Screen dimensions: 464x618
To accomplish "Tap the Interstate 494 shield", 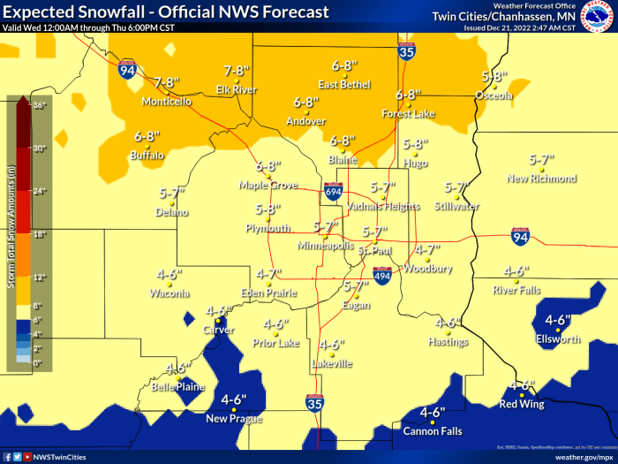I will [x=381, y=275].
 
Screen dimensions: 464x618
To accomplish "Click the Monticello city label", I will [x=166, y=102].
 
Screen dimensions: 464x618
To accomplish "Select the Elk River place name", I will [x=237, y=89].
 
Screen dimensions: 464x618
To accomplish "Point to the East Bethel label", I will [x=343, y=85].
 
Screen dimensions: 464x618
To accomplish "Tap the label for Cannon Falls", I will [x=433, y=430].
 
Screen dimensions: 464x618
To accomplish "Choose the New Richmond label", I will [x=541, y=179].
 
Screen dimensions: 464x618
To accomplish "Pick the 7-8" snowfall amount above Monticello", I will [x=167, y=82].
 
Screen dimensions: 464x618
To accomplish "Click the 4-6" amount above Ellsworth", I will [x=558, y=320].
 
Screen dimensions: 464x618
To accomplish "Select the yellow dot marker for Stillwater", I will [x=456, y=196].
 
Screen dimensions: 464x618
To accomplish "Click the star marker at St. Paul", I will [x=374, y=241].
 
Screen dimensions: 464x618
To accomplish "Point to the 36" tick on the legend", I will [x=37, y=105].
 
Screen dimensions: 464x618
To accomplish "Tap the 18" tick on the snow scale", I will [x=37, y=234].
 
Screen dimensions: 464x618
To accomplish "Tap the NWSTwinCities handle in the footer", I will [x=60, y=457].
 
